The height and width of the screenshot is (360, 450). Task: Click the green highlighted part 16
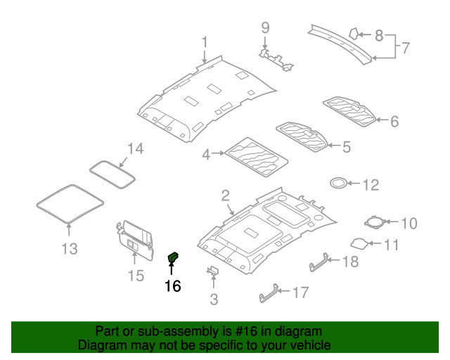172,258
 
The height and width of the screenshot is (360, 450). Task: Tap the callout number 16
172,286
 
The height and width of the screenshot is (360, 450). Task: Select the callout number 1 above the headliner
205,43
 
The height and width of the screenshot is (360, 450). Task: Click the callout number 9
265,28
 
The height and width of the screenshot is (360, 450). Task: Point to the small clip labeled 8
356,32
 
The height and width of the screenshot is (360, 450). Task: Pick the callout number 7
405,49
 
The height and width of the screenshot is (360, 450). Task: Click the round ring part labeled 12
338,184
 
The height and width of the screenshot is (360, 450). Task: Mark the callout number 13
69,249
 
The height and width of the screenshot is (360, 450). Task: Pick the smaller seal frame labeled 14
112,172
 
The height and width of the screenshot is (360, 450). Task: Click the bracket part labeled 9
276,58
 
